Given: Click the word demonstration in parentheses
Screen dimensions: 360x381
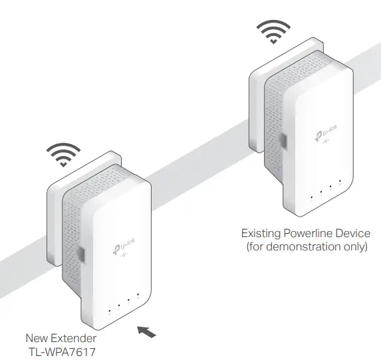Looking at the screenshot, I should click(x=303, y=247).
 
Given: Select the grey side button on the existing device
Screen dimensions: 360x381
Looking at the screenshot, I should click(x=282, y=141).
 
